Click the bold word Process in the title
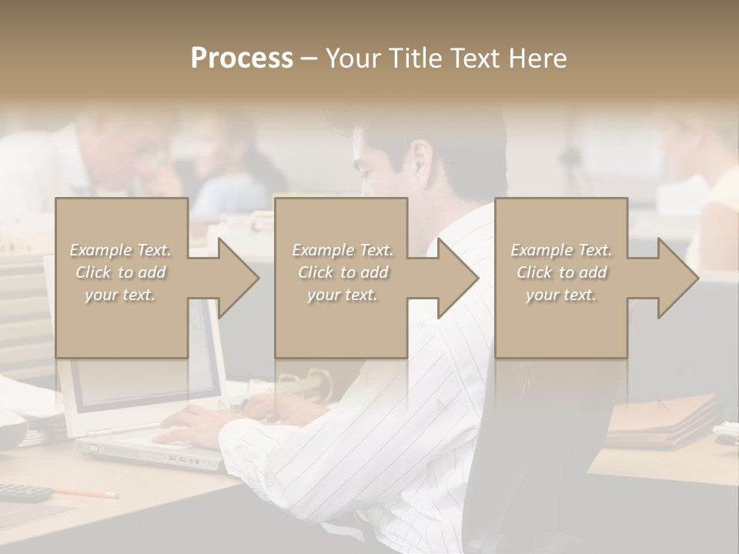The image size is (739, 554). (x=242, y=58)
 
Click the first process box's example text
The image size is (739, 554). (x=121, y=272)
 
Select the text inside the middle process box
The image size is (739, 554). (x=342, y=272)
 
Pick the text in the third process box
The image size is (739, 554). (x=560, y=272)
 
